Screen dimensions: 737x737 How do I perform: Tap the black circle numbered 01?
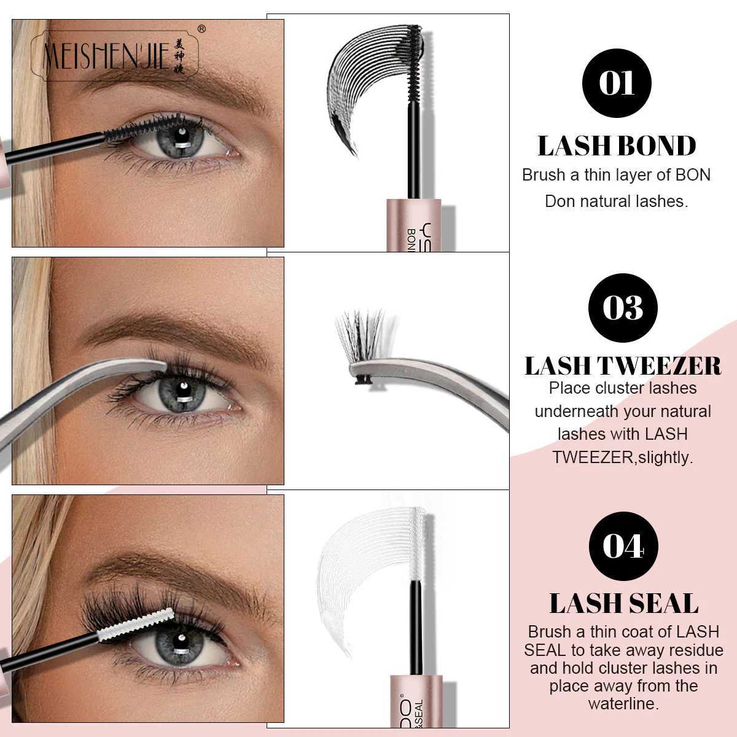point(616,83)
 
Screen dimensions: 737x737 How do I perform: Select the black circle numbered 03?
point(622,307)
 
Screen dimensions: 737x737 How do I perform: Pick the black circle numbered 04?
point(623,545)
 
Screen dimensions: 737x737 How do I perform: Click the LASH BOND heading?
point(617,146)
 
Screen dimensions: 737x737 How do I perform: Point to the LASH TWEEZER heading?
point(623,365)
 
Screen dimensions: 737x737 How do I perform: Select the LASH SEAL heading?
point(623,603)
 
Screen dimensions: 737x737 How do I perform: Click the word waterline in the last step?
point(623,704)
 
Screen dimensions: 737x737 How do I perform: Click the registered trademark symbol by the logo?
point(201,28)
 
